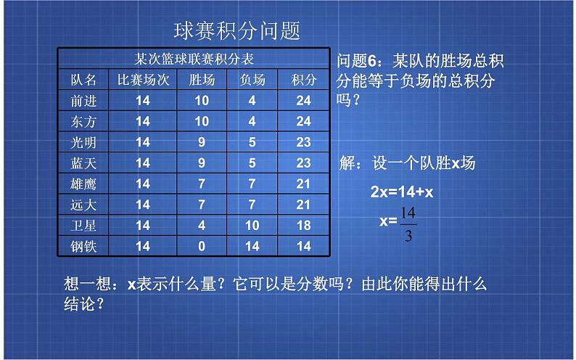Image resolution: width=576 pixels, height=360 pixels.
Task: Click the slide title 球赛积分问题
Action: [237, 30]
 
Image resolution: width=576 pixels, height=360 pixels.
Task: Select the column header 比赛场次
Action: [143, 79]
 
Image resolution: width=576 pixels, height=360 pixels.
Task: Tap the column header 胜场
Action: [202, 79]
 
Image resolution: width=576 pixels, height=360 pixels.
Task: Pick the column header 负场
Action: [252, 79]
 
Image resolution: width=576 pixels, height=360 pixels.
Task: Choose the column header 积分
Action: [303, 79]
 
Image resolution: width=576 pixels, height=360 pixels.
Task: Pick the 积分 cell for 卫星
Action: [303, 226]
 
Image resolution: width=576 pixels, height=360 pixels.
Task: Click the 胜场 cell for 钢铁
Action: [202, 246]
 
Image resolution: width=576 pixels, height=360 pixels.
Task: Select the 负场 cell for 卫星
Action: [252, 226]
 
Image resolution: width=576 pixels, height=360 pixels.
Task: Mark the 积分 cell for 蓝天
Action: [303, 163]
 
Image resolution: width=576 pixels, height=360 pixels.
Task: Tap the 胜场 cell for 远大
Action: [202, 205]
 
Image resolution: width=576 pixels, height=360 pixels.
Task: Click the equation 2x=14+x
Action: [401, 192]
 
